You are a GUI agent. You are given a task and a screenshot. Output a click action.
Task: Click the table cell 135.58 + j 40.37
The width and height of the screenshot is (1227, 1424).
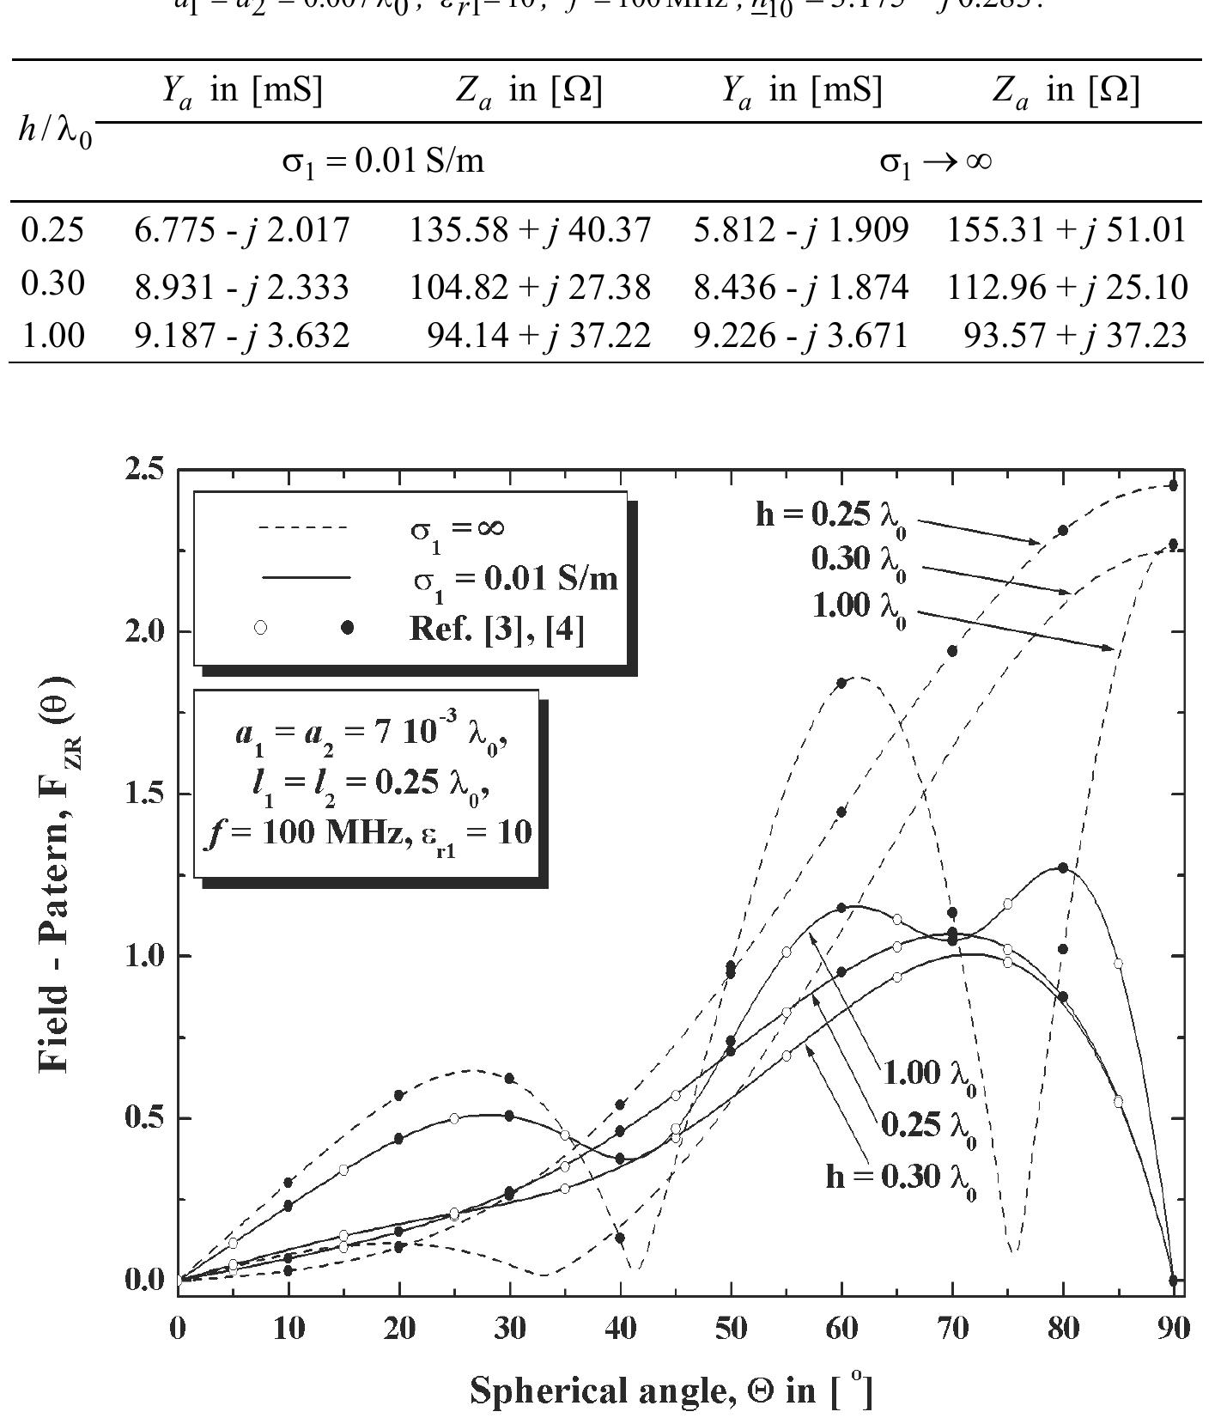tap(530, 230)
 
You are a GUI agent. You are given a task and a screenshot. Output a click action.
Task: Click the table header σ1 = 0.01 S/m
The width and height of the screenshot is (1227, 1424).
tap(383, 161)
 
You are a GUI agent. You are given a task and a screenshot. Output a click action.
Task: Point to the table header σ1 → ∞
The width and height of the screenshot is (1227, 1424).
tap(936, 161)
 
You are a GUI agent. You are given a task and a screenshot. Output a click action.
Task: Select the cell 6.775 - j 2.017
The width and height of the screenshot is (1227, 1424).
tap(242, 230)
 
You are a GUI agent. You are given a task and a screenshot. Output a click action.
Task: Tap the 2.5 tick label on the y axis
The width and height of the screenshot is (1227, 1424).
tap(144, 470)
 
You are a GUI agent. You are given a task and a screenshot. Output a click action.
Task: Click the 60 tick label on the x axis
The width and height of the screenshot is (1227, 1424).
tap(841, 1329)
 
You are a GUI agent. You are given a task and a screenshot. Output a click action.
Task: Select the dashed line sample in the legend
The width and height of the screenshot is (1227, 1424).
tap(302, 527)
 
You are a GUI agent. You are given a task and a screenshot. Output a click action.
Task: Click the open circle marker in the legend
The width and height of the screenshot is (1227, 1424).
tap(261, 628)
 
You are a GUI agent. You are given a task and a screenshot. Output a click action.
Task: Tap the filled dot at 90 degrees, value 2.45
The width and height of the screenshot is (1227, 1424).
tap(1173, 486)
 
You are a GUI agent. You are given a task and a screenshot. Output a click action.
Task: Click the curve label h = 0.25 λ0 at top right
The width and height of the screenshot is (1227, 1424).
tap(829, 515)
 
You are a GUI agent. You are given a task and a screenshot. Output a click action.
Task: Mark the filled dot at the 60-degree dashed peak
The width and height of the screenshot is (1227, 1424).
tap(841, 684)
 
